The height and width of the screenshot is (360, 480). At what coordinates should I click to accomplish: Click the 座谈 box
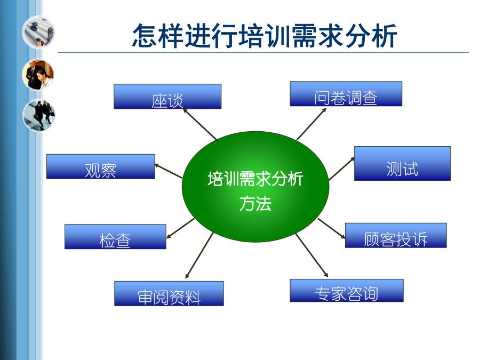tap(167, 97)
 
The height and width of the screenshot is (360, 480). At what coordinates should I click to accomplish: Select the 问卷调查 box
tap(346, 94)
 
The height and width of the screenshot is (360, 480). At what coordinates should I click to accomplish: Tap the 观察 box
tap(101, 166)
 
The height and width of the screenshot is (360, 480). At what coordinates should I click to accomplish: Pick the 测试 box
tap(402, 164)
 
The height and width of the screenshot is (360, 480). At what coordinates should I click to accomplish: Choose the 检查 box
tap(115, 237)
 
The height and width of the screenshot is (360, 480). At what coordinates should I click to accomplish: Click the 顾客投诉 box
tap(396, 235)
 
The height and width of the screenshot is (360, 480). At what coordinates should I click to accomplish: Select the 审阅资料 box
tap(169, 293)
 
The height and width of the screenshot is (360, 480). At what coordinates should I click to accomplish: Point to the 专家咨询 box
tap(347, 291)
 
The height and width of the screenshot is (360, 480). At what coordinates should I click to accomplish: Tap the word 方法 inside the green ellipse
tap(255, 204)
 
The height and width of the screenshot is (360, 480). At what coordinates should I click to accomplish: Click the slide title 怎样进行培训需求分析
tap(265, 36)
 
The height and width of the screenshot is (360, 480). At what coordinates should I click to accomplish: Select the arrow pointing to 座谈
tap(201, 125)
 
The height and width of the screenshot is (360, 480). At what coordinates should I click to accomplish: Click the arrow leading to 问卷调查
tap(311, 124)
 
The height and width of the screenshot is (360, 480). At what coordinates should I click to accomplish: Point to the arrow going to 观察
tap(168, 171)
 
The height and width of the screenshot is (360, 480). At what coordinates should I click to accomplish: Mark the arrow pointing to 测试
tap(342, 169)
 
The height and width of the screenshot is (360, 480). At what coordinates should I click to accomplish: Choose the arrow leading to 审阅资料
tap(199, 255)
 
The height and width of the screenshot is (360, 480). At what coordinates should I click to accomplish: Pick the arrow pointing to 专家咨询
tap(312, 255)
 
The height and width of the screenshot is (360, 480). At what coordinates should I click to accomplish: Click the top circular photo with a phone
tap(38, 32)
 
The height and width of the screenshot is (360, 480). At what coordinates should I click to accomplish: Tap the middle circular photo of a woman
tap(38, 75)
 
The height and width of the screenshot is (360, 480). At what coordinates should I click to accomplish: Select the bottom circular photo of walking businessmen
tap(38, 115)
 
